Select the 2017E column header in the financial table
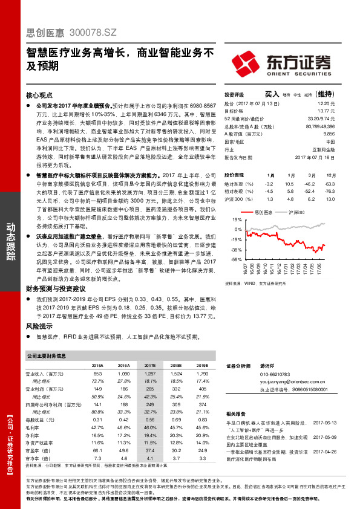(x=149, y=366)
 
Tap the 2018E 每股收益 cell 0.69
(x=175, y=419)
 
